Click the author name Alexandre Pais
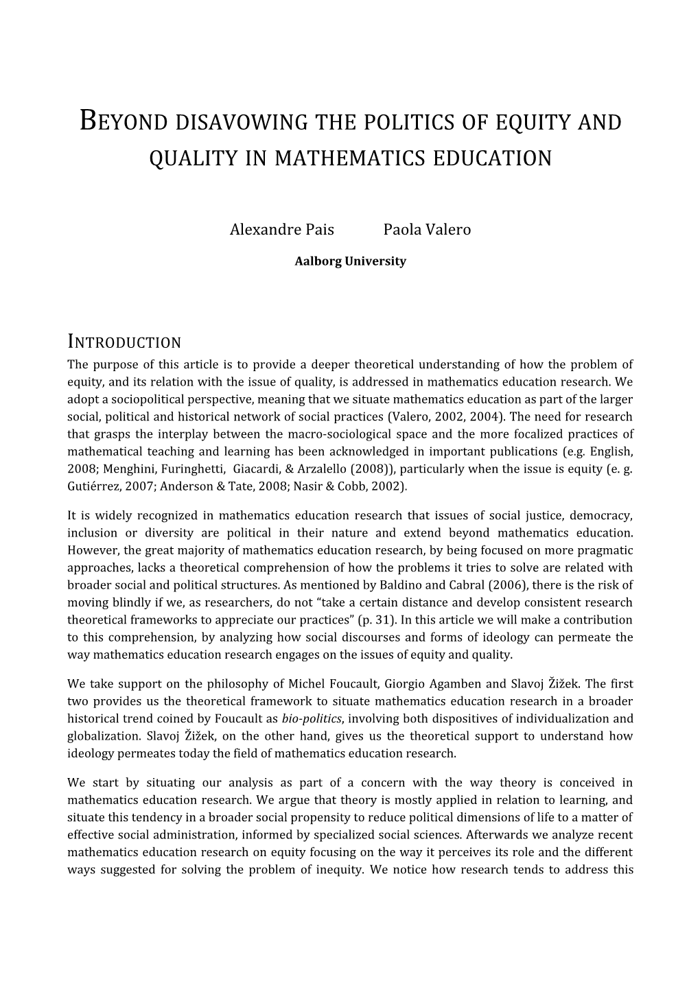tap(281, 230)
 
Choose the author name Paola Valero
tap(427, 230)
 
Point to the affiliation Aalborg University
tap(350, 261)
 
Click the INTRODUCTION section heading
tap(124, 342)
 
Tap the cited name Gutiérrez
tap(91, 486)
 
